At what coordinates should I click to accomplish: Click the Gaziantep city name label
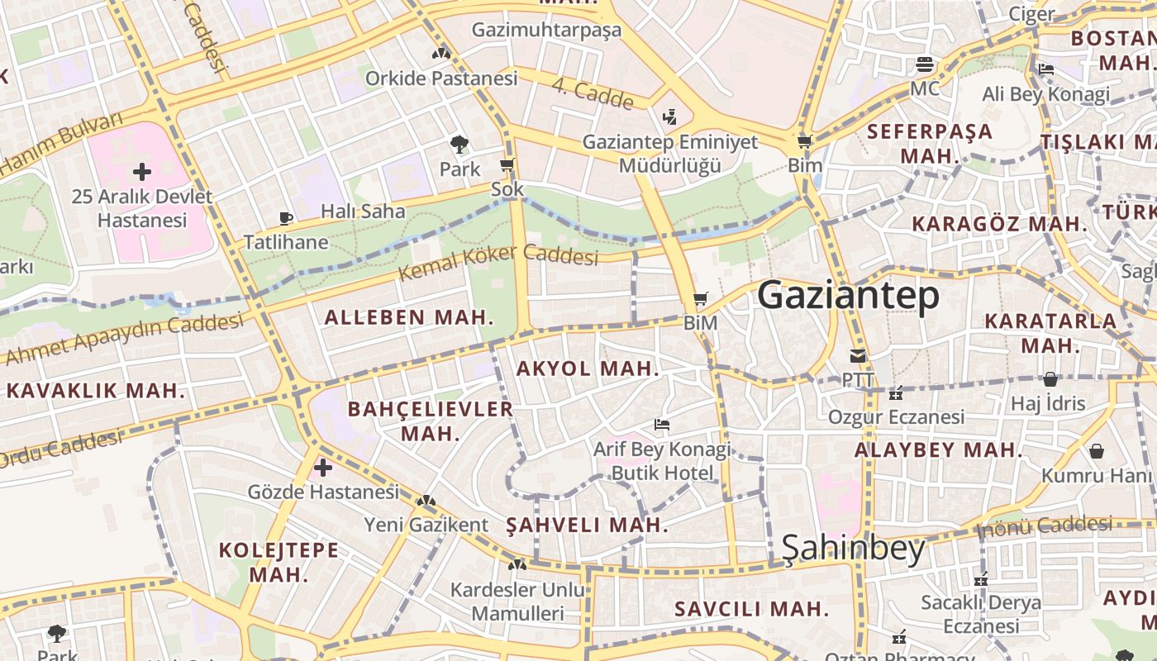(x=848, y=295)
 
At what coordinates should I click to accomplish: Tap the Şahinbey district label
(x=853, y=548)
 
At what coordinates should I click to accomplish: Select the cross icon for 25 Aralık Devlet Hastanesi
(x=142, y=172)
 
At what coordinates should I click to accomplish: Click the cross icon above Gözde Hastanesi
(x=323, y=468)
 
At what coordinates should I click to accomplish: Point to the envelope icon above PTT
(x=858, y=357)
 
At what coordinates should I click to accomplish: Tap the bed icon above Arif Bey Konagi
(x=662, y=425)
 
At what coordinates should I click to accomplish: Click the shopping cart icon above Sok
(x=507, y=165)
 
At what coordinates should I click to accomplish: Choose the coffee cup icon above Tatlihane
(x=286, y=218)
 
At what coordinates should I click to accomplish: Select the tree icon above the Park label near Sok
(x=459, y=145)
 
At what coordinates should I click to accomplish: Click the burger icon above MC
(x=925, y=64)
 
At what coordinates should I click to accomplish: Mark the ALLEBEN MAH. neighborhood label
(x=409, y=317)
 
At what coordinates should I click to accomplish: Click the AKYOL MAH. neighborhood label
(x=588, y=369)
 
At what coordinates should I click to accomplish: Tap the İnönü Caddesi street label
(x=1045, y=526)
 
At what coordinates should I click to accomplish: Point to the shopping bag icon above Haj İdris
(x=1050, y=379)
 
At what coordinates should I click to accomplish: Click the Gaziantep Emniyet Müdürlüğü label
(x=670, y=154)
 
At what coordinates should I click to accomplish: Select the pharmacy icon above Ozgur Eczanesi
(x=896, y=393)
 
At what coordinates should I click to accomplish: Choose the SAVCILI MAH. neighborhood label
(x=751, y=610)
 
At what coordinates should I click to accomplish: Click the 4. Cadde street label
(x=592, y=93)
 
